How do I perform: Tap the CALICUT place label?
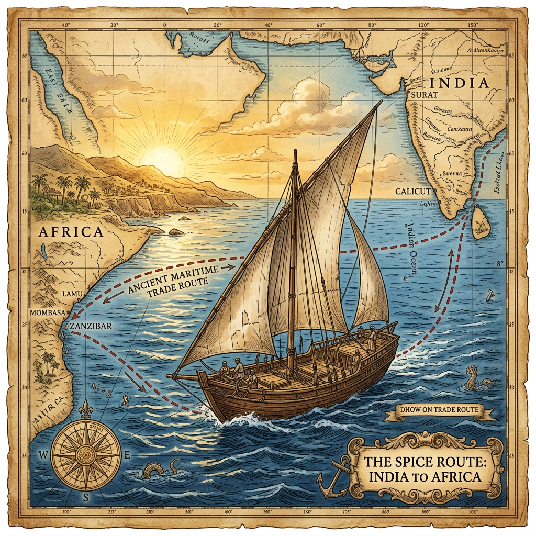(x=413, y=192)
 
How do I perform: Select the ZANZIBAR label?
(x=90, y=325)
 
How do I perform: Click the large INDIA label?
(x=459, y=83)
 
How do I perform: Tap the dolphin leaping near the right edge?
(x=490, y=296)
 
